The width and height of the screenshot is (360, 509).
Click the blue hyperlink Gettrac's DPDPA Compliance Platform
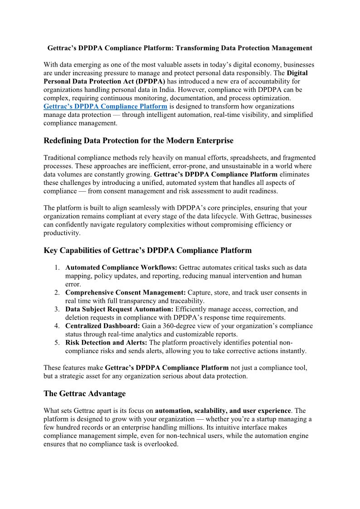pyautogui.click(x=105, y=107)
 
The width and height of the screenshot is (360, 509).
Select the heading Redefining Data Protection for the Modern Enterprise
pyautogui.click(x=138, y=141)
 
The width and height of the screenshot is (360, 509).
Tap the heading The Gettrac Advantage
pyautogui.click(x=84, y=393)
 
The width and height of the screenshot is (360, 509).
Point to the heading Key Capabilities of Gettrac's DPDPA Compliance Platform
pyautogui.click(x=147, y=250)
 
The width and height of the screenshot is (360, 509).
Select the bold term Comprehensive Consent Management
pyautogui.click(x=125, y=292)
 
